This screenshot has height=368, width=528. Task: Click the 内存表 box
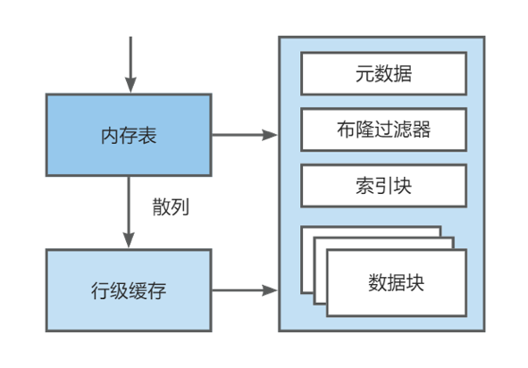[129, 136]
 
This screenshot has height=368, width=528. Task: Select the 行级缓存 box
[129, 290]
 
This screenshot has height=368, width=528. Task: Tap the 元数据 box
[382, 73]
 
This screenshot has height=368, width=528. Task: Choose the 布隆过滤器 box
[382, 130]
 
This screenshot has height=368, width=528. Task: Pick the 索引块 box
[382, 186]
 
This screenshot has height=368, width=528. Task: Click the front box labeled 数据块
[396, 282]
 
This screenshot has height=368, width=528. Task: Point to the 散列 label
[171, 207]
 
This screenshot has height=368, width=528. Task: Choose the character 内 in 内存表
[110, 136]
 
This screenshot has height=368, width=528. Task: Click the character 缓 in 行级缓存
[138, 290]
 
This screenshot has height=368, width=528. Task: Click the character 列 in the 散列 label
[180, 207]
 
